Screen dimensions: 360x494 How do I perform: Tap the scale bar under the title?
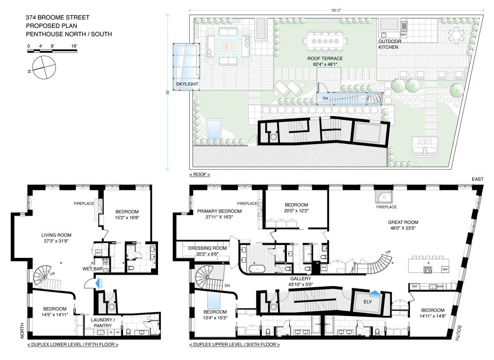pyautogui.click(x=52, y=51)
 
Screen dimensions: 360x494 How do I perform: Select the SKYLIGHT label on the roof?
pyautogui.click(x=187, y=84)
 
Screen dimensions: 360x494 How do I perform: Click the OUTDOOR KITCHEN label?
pyautogui.click(x=388, y=44)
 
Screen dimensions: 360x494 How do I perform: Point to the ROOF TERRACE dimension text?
pyautogui.click(x=325, y=64)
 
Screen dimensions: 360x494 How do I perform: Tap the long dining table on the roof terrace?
pyautogui.click(x=325, y=41)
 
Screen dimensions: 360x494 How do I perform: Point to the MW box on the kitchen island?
pyautogui.click(x=445, y=269)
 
